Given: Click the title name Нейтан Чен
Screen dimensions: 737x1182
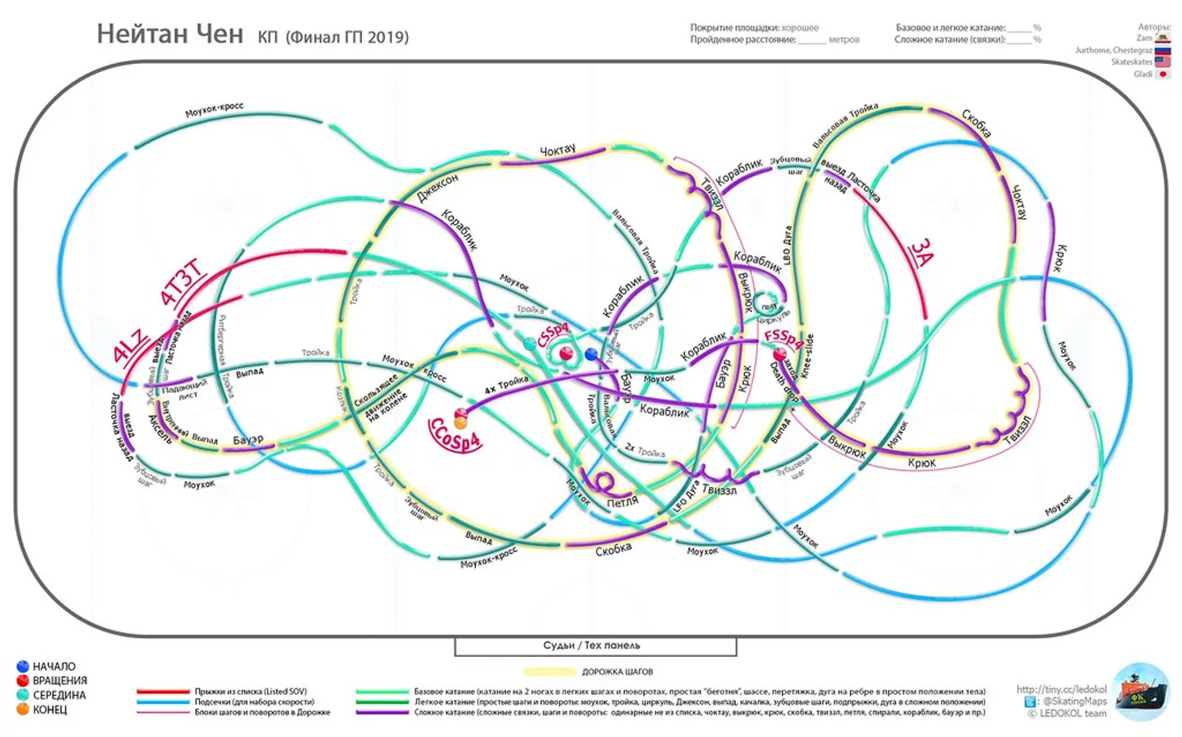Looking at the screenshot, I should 169,34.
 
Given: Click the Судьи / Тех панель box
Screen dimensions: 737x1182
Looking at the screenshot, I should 595,646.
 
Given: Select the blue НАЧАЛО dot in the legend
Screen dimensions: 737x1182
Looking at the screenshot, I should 23,667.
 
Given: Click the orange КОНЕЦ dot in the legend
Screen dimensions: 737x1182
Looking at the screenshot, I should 23,709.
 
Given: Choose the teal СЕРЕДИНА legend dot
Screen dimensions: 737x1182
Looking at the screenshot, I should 23,695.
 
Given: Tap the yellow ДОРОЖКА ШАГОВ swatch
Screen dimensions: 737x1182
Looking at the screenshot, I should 549,671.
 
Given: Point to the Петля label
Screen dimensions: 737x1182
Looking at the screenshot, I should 622,502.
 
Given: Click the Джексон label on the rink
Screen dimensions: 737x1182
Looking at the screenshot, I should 437,188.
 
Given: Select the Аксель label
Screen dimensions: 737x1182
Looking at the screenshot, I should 160,429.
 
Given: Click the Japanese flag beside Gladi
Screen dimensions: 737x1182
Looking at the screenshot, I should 1163,74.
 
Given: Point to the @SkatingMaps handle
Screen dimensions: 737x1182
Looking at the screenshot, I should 1074,701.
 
